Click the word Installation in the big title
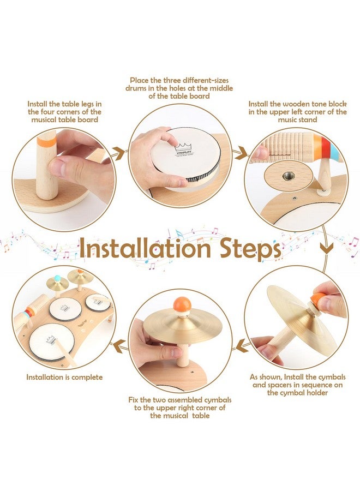coord(145,248)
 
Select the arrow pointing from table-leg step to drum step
coord(119,153)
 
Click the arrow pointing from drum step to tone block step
coord(241,153)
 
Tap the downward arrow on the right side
coord(326,249)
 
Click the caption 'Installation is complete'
coord(64,377)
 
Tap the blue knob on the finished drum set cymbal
coord(57,278)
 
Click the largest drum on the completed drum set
coord(52,342)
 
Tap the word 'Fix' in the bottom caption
coord(133,400)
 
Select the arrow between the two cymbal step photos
coord(242,346)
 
